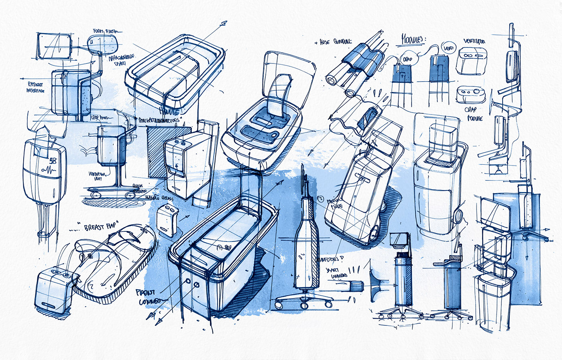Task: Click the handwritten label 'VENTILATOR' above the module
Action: (x=474, y=41)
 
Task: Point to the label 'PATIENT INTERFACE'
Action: (x=36, y=88)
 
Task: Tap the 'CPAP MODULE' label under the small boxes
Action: (x=474, y=114)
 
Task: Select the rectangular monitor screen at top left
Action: (x=54, y=46)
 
